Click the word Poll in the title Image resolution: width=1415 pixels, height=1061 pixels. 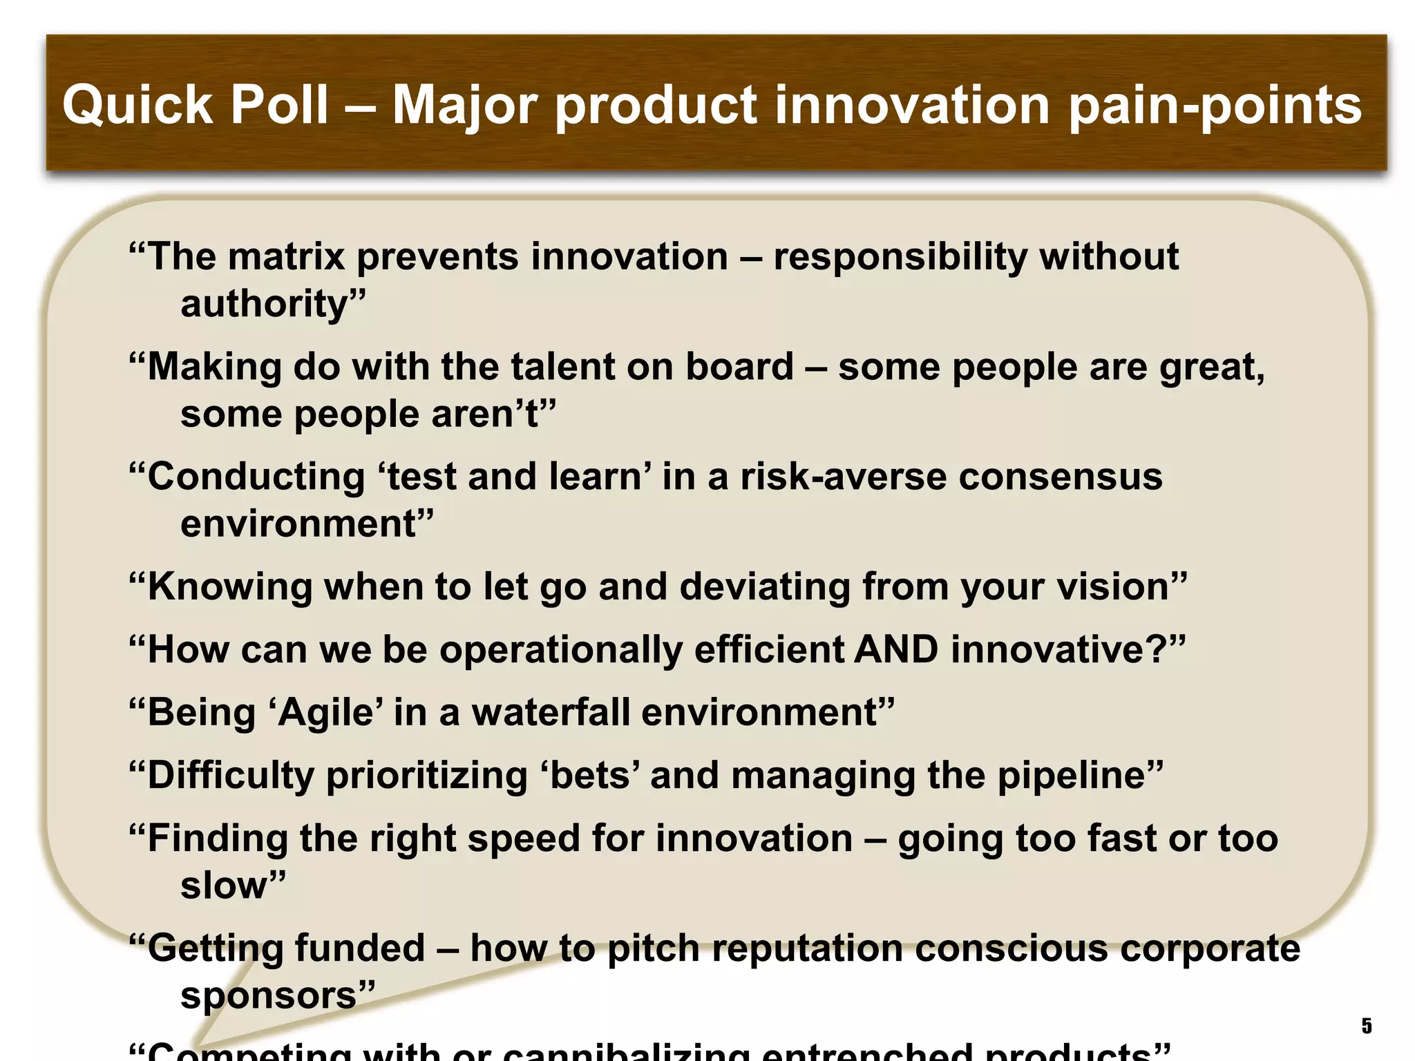pos(278,105)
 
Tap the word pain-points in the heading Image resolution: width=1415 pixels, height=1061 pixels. pos(1215,105)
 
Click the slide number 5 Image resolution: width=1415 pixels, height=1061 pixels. pos(1366,1026)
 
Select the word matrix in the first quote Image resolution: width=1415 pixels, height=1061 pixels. pos(286,257)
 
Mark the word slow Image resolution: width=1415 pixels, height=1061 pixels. pos(225,886)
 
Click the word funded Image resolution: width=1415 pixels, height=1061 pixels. pos(356,948)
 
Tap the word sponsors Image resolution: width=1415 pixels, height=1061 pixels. pos(269,996)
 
